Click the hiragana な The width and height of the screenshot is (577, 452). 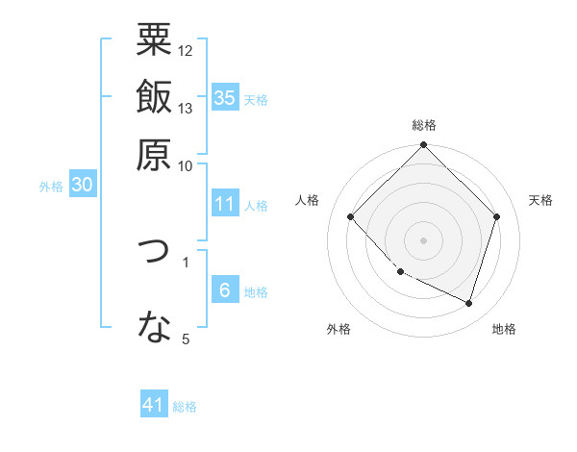click(x=154, y=328)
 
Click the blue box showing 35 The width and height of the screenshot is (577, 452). click(x=225, y=97)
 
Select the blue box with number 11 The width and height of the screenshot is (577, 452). click(x=225, y=204)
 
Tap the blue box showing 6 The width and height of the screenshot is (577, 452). click(x=225, y=290)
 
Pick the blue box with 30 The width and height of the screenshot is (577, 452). click(x=83, y=186)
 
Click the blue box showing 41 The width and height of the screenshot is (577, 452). click(x=155, y=405)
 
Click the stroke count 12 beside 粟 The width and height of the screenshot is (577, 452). click(x=186, y=50)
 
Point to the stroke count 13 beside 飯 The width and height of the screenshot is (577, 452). click(x=186, y=108)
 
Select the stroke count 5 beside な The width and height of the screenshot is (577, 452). click(x=186, y=339)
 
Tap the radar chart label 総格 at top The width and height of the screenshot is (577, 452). click(x=424, y=126)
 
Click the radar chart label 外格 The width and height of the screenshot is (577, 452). click(x=339, y=330)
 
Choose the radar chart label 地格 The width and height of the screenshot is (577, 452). click(x=504, y=330)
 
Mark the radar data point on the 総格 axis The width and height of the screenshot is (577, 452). click(x=424, y=146)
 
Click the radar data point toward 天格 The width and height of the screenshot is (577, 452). click(x=496, y=216)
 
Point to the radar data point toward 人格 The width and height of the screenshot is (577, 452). click(x=351, y=216)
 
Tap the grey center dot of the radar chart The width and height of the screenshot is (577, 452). click(x=424, y=239)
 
